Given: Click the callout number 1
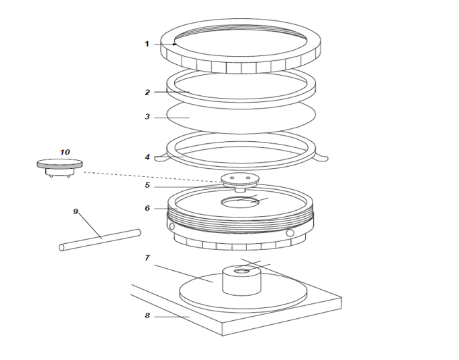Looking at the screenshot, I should point(146,44).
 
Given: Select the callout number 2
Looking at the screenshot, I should point(146,91).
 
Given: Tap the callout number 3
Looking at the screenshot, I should point(146,117).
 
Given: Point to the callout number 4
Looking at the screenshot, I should point(146,157).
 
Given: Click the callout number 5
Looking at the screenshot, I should point(146,185).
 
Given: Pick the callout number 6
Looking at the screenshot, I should point(146,208).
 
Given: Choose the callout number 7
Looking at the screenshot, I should point(146,258).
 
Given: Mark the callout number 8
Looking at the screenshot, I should point(146,315).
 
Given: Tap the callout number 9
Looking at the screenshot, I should point(76,211).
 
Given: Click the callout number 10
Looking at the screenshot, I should point(65,152).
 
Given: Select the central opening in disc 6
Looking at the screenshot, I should point(240,201).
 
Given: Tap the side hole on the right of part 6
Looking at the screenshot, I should point(290,233).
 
